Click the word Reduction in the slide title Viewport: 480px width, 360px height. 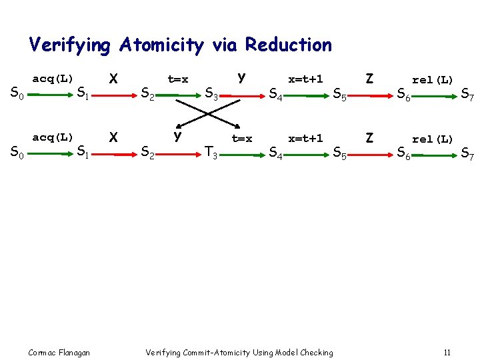289,45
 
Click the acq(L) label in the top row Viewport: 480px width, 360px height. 53,79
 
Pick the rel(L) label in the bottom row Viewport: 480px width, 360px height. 433,139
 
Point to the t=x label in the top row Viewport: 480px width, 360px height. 177,79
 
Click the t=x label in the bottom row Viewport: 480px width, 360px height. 241,139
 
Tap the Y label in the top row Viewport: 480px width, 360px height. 241,77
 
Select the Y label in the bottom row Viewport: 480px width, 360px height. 177,137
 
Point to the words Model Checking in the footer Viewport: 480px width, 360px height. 303,352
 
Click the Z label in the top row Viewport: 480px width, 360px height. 369,78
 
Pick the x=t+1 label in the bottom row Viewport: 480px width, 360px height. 305,139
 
